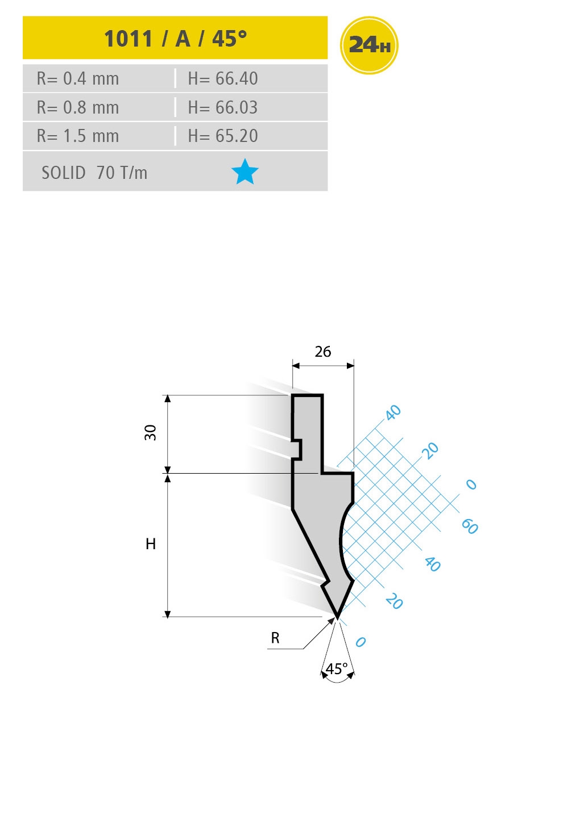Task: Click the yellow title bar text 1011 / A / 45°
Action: pos(175,38)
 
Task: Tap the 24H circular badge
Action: pos(369,45)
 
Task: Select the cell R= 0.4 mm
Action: pos(78,78)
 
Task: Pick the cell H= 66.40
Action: pos(223,78)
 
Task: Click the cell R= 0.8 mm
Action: pos(78,107)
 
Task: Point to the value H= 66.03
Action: pos(223,107)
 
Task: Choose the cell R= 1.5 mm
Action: pos(78,136)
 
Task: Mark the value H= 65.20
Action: pos(223,136)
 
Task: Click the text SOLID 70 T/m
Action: pos(94,173)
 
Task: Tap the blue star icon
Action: pos(245,172)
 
